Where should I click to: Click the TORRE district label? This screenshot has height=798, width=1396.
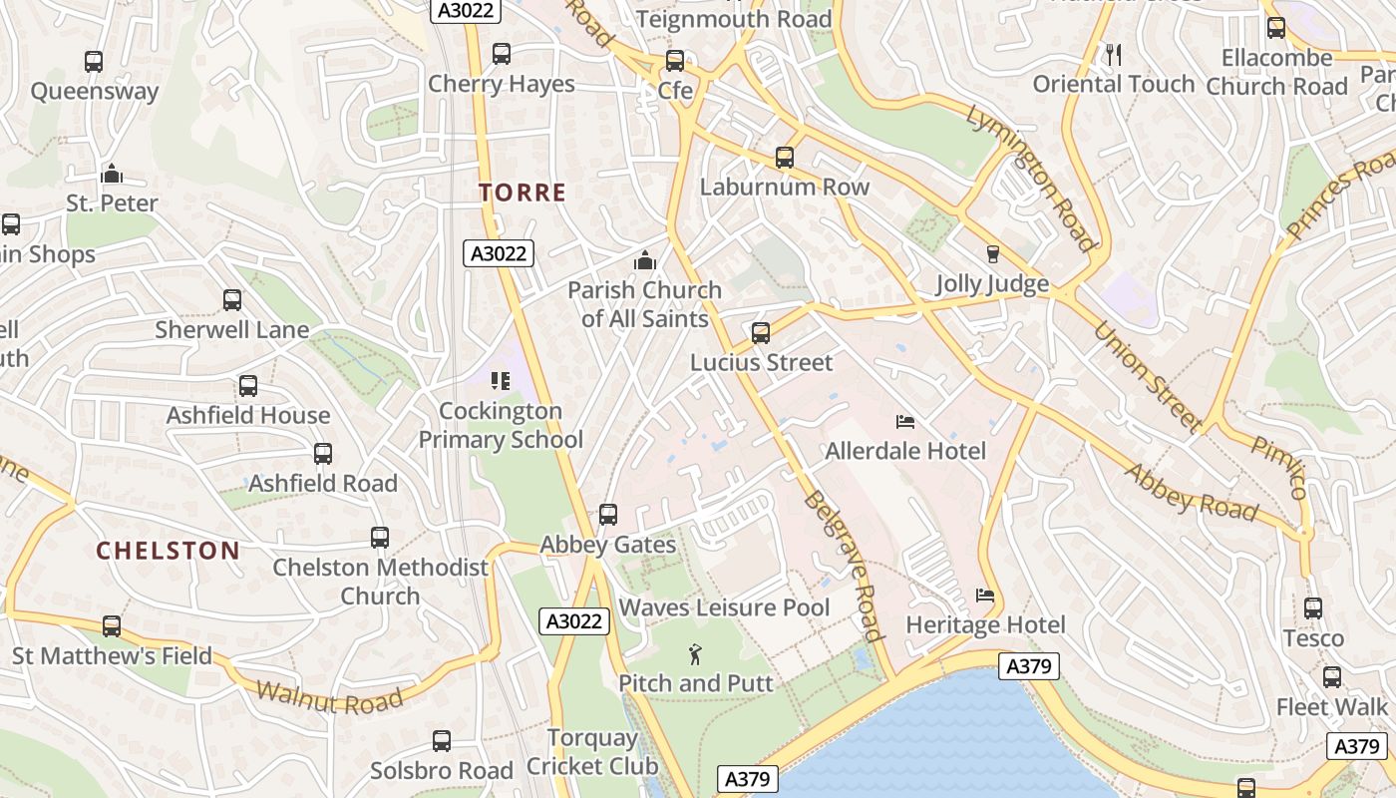click(523, 193)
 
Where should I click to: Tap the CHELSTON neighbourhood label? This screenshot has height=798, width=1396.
click(168, 550)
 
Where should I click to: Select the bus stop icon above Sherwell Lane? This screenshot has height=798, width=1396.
click(232, 299)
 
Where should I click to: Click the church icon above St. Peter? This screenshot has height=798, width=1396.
click(112, 174)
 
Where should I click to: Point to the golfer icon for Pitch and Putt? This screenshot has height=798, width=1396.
click(696, 654)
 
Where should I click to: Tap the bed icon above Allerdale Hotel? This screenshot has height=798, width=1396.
click(905, 422)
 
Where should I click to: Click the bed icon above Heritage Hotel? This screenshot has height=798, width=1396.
click(985, 597)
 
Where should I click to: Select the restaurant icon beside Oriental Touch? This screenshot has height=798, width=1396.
click(1114, 55)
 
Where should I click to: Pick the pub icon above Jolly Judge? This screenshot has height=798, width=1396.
click(992, 254)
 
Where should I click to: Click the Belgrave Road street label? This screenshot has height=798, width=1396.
click(844, 565)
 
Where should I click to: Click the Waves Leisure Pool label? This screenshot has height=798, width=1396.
click(724, 607)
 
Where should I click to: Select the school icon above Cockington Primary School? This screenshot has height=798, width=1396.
click(501, 380)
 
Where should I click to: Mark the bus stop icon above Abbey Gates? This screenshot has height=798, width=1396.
click(608, 515)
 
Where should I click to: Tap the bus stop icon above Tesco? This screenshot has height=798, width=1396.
click(1313, 607)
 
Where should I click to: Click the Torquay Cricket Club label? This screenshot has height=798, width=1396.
click(592, 752)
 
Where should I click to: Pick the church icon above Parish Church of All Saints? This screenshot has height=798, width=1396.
click(645, 261)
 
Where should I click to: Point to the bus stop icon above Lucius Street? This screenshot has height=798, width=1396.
click(761, 332)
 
